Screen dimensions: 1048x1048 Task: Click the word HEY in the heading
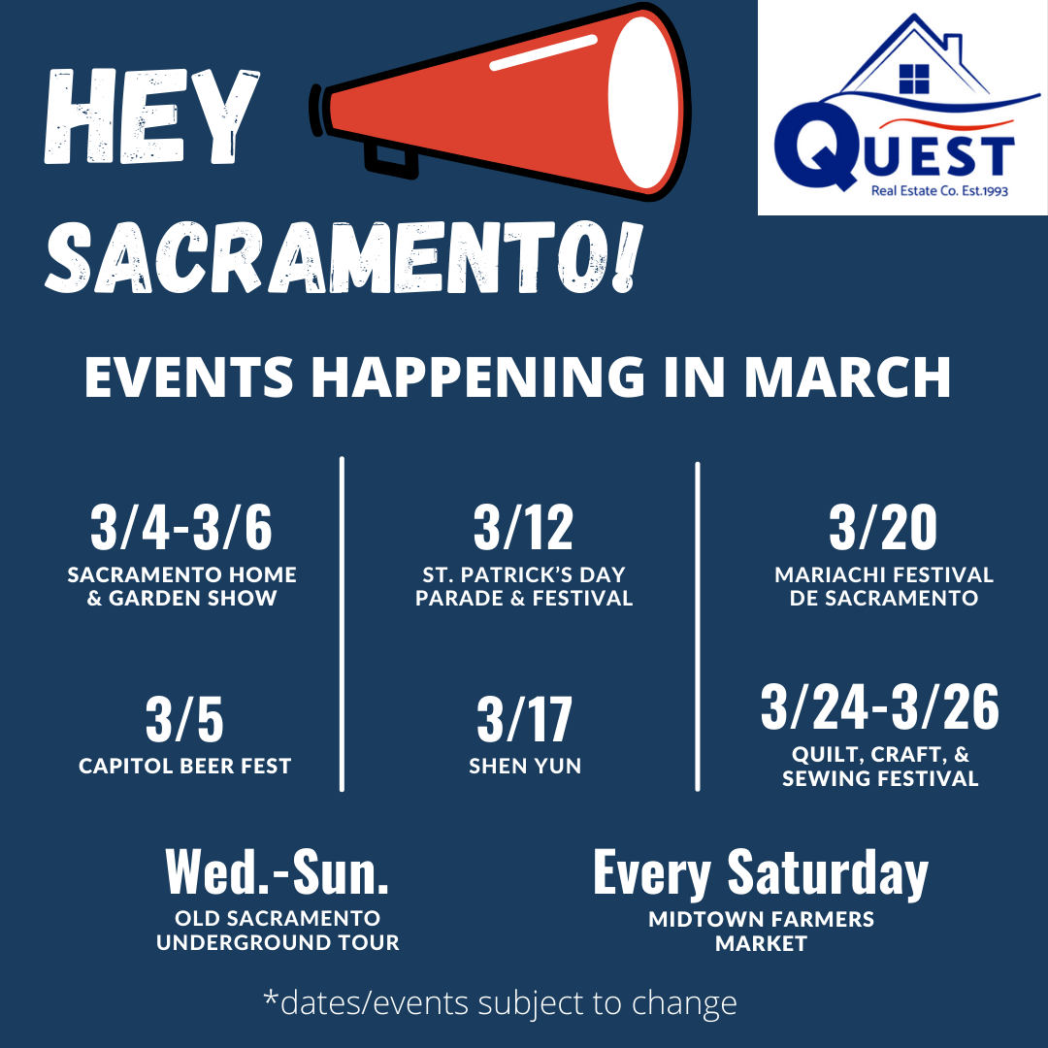[151, 116]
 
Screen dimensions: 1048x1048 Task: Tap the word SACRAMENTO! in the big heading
[344, 256]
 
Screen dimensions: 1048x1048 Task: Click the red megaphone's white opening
[645, 103]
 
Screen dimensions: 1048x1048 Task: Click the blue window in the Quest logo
[914, 79]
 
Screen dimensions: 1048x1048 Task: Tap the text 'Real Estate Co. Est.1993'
[939, 191]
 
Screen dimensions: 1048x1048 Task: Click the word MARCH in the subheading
[847, 377]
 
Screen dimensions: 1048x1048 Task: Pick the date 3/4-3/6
[181, 527]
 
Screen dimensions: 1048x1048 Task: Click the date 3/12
[523, 527]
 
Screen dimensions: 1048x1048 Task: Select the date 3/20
[883, 527]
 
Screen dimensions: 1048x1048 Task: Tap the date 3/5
[184, 720]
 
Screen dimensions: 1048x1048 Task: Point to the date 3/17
[525, 720]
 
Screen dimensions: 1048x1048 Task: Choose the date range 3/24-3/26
[879, 707]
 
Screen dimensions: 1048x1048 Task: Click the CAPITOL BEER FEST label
[185, 766]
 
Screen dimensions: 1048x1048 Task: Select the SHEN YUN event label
[525, 766]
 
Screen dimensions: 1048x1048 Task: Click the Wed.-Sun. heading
[278, 871]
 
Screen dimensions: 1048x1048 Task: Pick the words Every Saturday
[761, 873]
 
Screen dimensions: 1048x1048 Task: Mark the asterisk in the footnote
[270, 997]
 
